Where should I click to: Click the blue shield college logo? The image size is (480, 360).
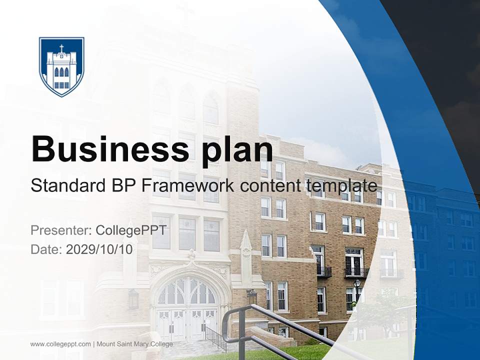point(61,66)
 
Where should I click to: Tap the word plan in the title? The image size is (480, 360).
point(237,149)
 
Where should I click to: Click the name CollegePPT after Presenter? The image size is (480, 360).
point(131,230)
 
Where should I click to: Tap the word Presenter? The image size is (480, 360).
point(60,230)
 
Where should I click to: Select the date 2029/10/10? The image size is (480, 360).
point(99,249)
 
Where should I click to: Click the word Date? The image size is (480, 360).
point(45,249)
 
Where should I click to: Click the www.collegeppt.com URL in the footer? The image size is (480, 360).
point(60,344)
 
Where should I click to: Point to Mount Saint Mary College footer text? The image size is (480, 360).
point(135,344)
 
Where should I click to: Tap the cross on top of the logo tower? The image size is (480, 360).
point(61,48)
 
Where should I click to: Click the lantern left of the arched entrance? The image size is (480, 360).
point(133,299)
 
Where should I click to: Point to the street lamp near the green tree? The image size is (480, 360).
point(357,285)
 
